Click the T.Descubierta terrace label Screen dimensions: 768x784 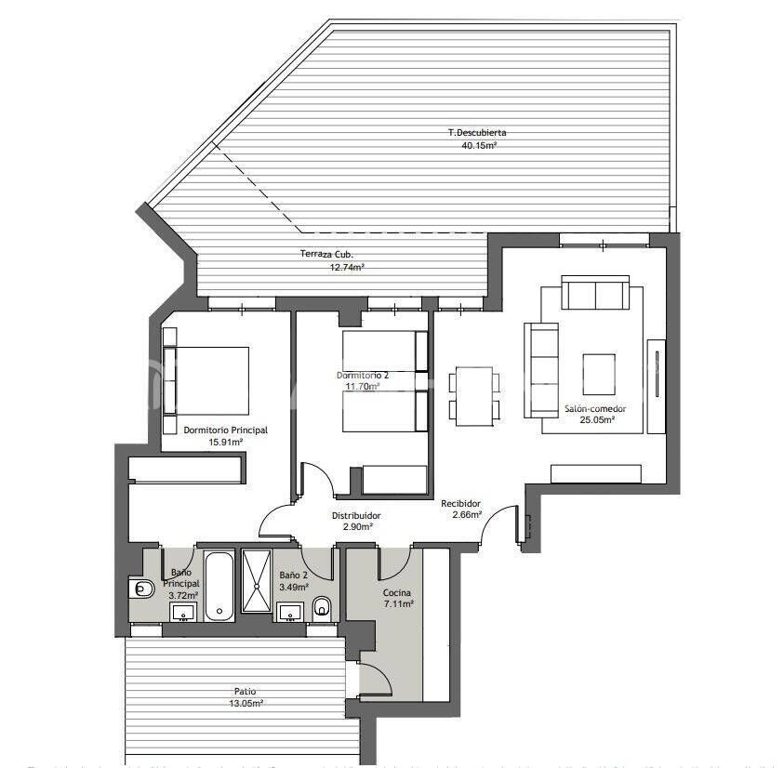476,132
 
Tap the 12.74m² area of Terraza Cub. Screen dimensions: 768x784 347,267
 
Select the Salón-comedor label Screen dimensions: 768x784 594,408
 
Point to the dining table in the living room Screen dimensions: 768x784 474,396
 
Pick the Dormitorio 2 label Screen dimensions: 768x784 363,375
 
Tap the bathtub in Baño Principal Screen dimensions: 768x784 219,586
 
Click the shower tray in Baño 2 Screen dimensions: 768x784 255,580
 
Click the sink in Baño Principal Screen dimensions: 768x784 183,611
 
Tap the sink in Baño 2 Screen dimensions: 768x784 291,611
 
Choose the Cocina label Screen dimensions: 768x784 397,592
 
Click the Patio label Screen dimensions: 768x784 246,691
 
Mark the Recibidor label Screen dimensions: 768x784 460,503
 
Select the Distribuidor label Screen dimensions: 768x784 356,515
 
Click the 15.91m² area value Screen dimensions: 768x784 226,443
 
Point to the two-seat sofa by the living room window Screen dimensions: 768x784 594,294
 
